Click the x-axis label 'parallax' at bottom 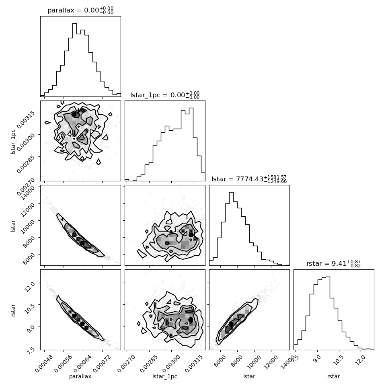tap(80, 376)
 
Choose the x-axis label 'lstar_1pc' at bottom tap(165, 376)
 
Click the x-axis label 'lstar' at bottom tap(249, 376)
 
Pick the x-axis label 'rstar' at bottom tap(334, 376)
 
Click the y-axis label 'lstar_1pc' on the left tap(13, 142)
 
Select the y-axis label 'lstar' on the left tap(13, 226)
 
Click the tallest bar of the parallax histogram tap(74, 60)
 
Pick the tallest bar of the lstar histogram tap(231, 229)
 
